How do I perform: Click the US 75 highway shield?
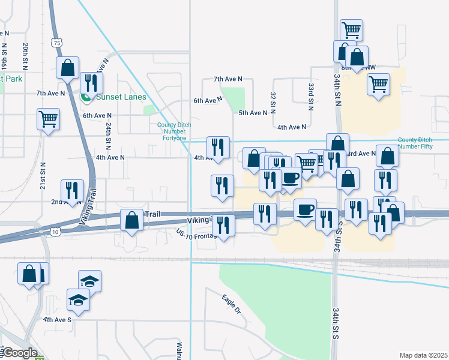[56, 43]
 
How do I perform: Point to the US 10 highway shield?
[55, 232]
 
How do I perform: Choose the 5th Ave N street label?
[253, 113]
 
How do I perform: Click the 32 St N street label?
[273, 100]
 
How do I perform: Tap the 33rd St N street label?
[312, 96]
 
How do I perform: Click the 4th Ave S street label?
[57, 320]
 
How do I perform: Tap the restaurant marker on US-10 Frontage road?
[224, 226]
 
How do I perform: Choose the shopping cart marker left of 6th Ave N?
[48, 118]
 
